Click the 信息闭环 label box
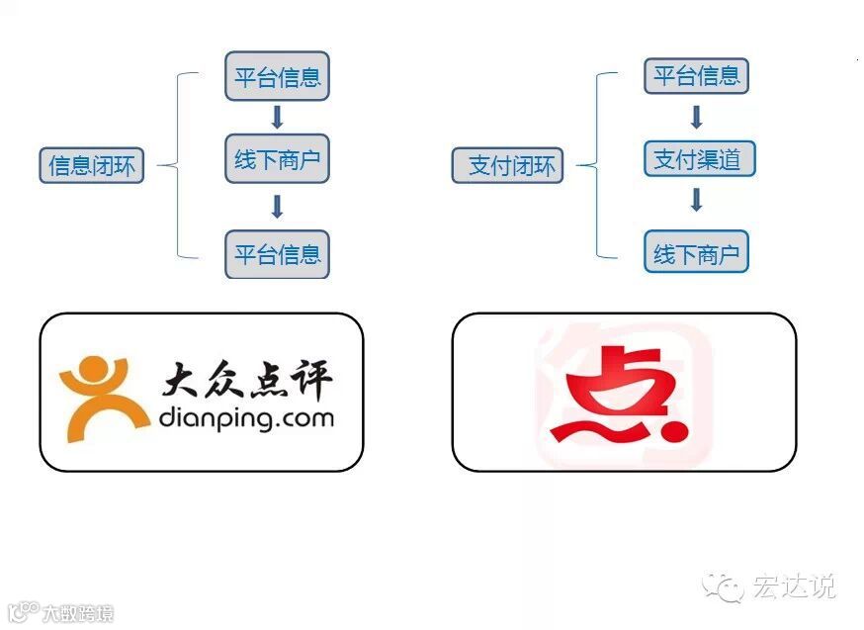click(x=96, y=165)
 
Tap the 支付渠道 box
click(x=697, y=158)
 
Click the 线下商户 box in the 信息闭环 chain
click(x=277, y=158)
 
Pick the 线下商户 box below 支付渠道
click(x=697, y=253)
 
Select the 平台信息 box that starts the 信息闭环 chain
click(x=277, y=77)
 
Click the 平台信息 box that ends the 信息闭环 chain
click(x=277, y=253)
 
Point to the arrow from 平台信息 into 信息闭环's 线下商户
click(x=277, y=117)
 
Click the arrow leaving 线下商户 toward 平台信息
click(x=277, y=206)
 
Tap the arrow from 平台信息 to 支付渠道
click(x=696, y=117)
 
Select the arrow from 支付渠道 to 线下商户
click(x=696, y=200)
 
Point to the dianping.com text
click(x=246, y=417)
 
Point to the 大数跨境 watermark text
click(x=76, y=614)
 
